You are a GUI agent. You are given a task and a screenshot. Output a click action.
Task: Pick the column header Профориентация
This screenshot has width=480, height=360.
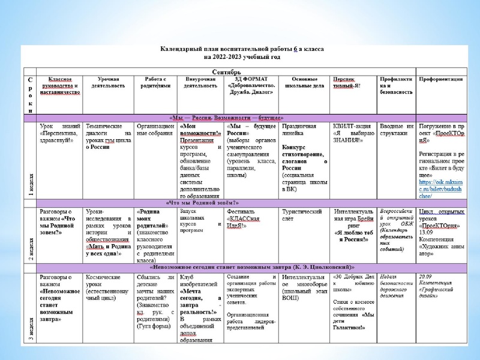[441, 79]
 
